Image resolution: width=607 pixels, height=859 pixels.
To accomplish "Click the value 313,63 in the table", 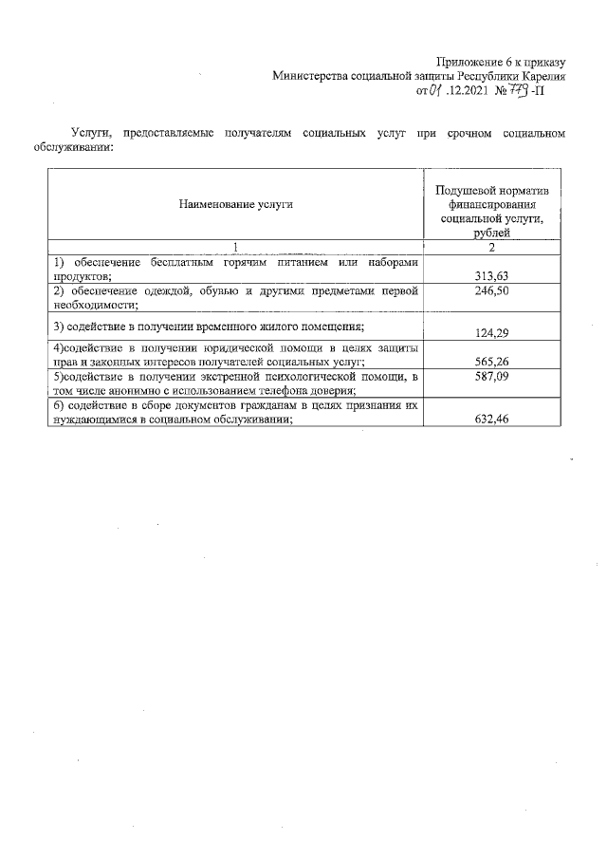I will (x=490, y=276).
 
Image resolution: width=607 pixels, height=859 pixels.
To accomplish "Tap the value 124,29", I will (x=490, y=332).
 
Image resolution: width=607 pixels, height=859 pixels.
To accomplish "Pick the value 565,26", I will (x=490, y=361).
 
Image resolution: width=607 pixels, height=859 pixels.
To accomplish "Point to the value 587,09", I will (x=490, y=377).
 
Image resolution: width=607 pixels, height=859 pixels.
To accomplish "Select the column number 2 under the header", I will (x=490, y=247).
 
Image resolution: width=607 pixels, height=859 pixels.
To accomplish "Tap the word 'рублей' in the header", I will (x=490, y=232).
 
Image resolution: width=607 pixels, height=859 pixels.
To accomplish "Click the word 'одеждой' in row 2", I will (x=162, y=290).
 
